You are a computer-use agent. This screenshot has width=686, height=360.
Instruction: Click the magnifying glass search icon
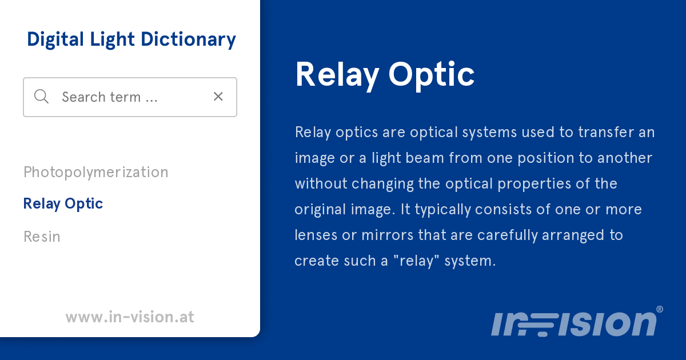pyautogui.click(x=41, y=97)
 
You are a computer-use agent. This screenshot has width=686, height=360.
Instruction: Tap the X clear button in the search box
pyautogui.click(x=218, y=97)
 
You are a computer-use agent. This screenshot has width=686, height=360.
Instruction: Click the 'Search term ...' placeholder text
pyautogui.click(x=109, y=97)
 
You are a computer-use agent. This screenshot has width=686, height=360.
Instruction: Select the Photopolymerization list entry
pyautogui.click(x=95, y=172)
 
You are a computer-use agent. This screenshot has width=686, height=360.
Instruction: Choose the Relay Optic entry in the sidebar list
pyautogui.click(x=63, y=203)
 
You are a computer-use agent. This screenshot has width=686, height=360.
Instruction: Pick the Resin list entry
pyautogui.click(x=42, y=237)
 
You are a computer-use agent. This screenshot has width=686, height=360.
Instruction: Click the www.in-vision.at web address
pyautogui.click(x=130, y=317)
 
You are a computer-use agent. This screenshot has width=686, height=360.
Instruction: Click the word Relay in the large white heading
pyautogui.click(x=337, y=75)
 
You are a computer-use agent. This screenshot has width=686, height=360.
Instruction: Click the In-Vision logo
pyautogui.click(x=573, y=323)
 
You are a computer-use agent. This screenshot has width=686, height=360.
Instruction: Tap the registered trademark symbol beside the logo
pyautogui.click(x=659, y=309)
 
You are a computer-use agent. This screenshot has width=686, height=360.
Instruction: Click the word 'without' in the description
pyautogui.click(x=320, y=184)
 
